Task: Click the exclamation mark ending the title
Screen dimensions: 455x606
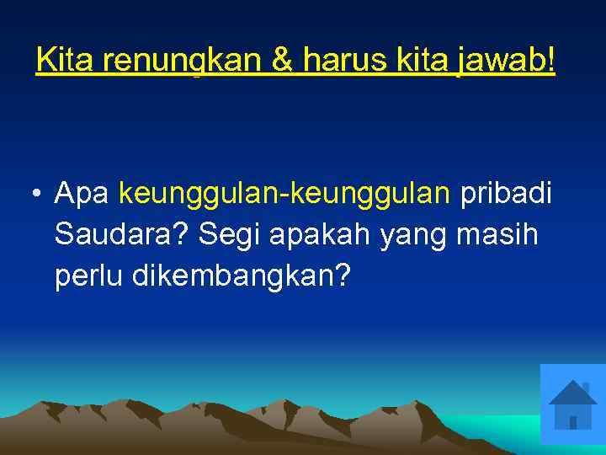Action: click(x=550, y=60)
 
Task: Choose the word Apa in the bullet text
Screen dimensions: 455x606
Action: click(x=83, y=195)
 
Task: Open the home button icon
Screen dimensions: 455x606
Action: click(x=572, y=404)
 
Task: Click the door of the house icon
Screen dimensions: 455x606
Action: click(x=573, y=422)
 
